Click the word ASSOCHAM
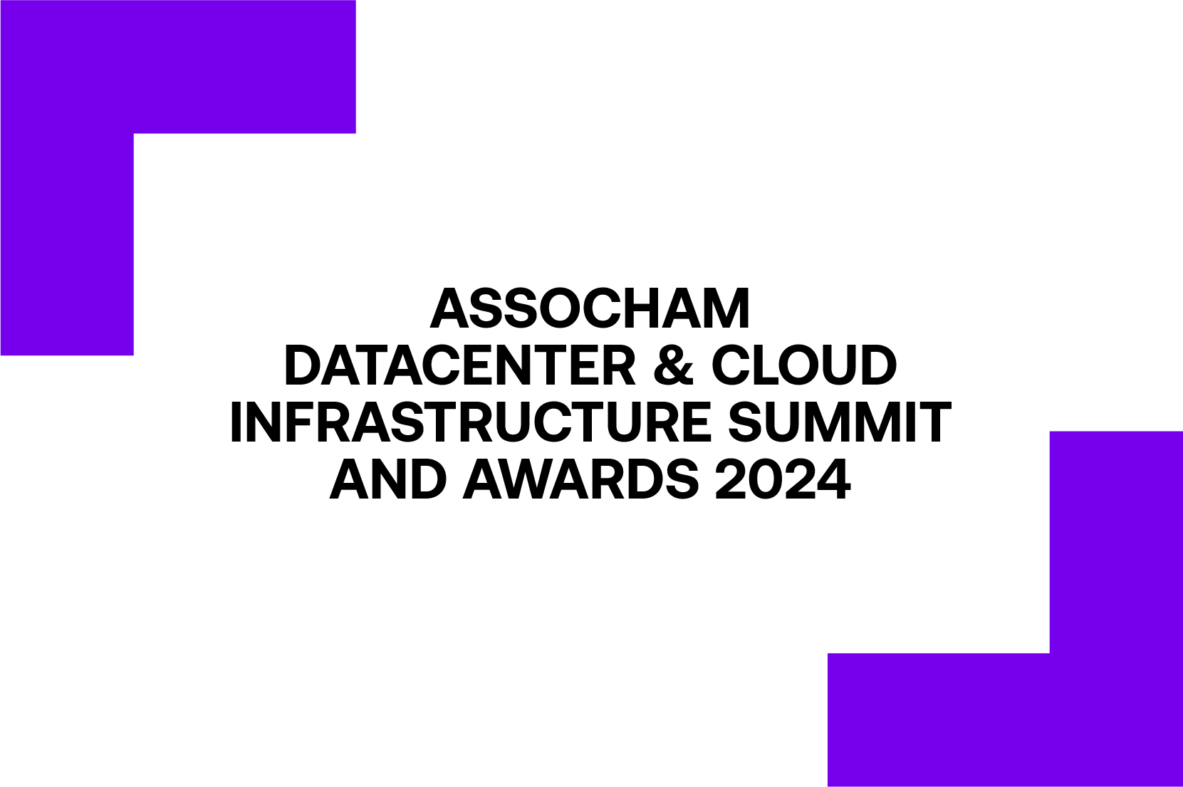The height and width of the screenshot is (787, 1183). tap(590, 308)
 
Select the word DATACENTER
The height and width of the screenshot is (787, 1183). tap(460, 366)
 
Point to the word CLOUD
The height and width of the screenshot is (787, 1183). tap(804, 366)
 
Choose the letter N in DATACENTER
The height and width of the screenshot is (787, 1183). tap(538, 366)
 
